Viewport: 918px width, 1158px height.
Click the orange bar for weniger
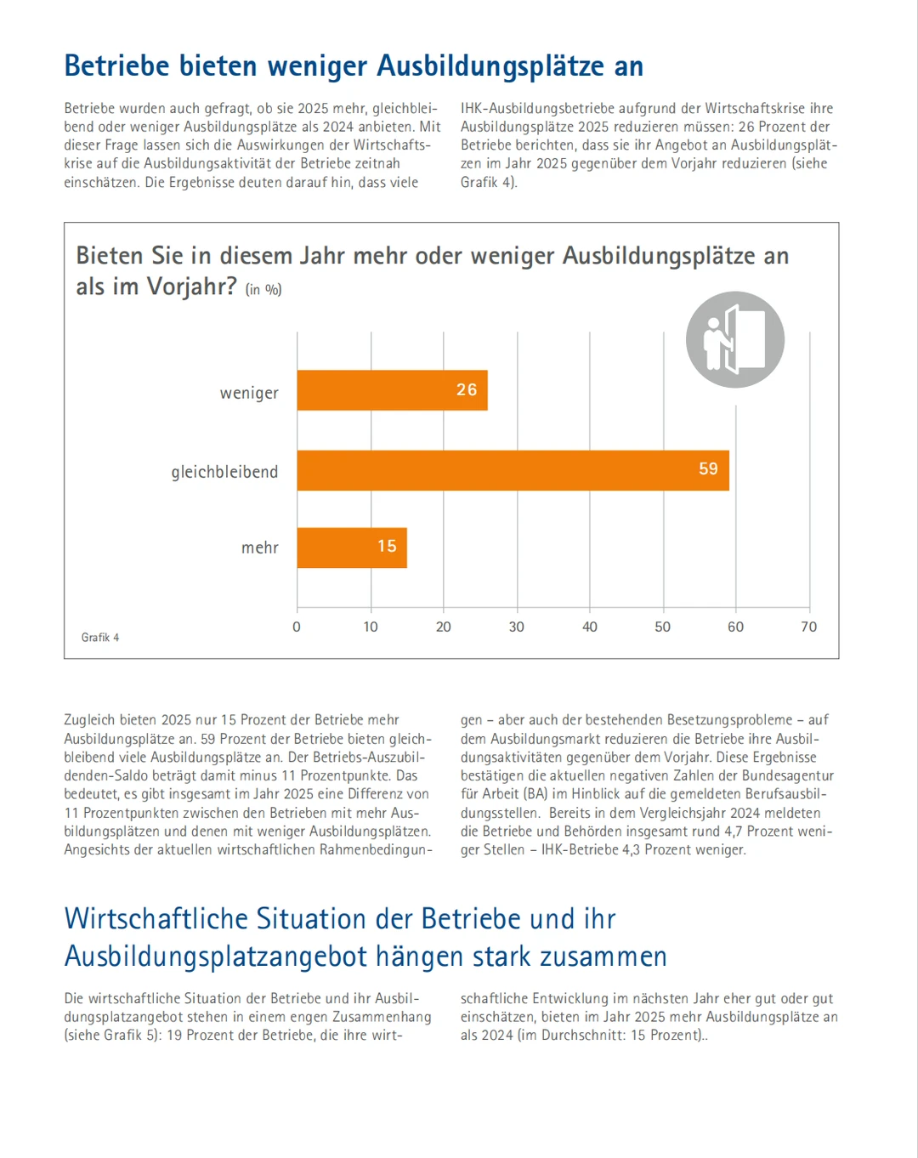tap(392, 390)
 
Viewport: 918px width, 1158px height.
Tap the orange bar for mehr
tap(352, 548)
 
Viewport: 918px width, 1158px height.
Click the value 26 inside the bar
tap(467, 389)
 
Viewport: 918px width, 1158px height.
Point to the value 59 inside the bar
tap(708, 468)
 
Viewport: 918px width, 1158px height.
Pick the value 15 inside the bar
tap(387, 546)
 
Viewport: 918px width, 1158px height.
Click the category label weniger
tap(249, 393)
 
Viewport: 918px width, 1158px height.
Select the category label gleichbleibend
tap(224, 472)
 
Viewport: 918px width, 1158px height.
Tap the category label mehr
tap(259, 548)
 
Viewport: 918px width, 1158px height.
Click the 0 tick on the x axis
tap(297, 627)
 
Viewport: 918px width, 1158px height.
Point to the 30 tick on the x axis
tap(516, 627)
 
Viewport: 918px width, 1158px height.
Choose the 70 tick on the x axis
tap(808, 627)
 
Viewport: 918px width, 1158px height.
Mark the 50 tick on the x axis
tap(662, 627)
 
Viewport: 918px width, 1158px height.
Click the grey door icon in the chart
tap(735, 340)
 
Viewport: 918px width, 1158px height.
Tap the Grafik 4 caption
tap(100, 638)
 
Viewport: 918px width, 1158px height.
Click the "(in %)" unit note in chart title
tap(263, 290)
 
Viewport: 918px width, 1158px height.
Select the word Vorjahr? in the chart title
tap(192, 287)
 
